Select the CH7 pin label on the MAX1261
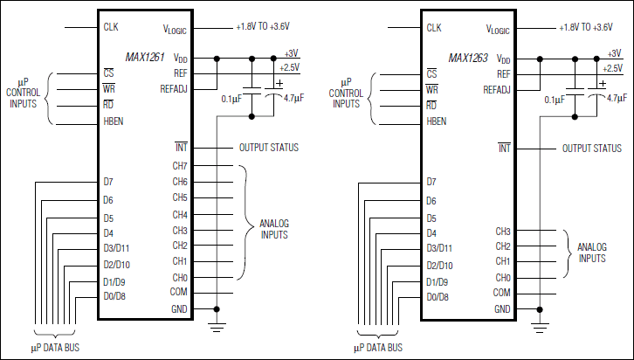pos(180,165)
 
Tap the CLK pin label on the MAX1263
pos(434,28)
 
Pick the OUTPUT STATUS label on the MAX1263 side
pos(591,148)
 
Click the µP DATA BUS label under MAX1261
pos(56,349)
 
